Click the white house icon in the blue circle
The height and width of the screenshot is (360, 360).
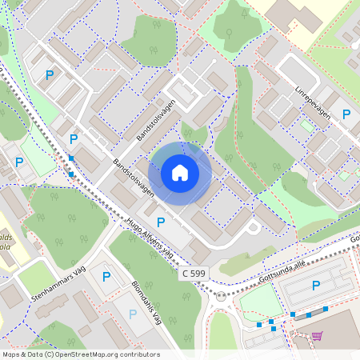point(180,173)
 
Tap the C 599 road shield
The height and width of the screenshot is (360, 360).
point(193,274)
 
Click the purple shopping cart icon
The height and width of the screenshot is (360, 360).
point(317,336)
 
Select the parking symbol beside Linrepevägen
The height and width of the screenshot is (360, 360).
point(346,114)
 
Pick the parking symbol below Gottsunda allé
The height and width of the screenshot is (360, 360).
point(315,286)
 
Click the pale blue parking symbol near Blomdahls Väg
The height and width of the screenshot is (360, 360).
point(132,314)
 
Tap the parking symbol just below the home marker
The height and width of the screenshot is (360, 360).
point(161,222)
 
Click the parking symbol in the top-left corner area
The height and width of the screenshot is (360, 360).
point(50,75)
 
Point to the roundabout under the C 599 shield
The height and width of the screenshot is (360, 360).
point(222,297)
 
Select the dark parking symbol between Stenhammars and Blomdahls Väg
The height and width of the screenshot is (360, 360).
point(106,277)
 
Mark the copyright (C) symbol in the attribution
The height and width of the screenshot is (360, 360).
point(50,354)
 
